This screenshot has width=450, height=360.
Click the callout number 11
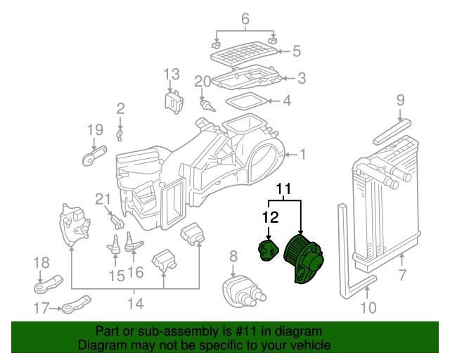click(283, 189)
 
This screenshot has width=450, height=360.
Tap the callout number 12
click(270, 217)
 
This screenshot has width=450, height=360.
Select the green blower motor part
click(303, 257)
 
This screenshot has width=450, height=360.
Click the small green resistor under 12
click(267, 251)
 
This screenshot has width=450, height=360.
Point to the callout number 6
click(245, 19)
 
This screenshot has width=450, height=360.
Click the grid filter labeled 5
click(244, 54)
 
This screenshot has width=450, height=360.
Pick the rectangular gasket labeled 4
click(246, 101)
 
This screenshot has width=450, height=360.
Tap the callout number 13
click(172, 74)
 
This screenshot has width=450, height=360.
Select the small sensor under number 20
click(208, 105)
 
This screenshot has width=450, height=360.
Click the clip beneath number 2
click(120, 135)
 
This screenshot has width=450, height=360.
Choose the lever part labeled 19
click(94, 155)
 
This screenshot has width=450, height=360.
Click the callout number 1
click(303, 154)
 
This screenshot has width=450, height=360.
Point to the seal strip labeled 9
click(392, 131)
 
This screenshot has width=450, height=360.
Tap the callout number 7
click(402, 275)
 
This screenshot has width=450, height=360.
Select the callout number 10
click(368, 308)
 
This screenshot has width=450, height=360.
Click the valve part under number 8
click(244, 292)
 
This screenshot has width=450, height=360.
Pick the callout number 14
click(135, 303)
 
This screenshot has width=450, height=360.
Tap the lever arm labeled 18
click(49, 284)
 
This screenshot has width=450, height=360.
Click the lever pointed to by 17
click(77, 304)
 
